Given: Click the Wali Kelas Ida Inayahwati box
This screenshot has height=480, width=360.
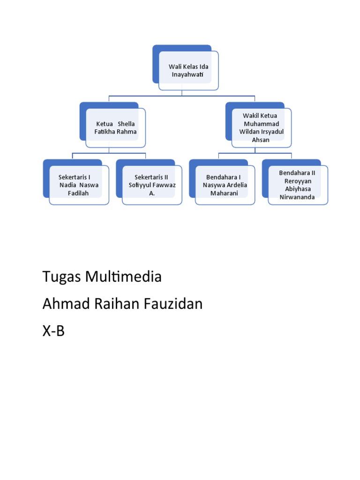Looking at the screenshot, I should coord(188,71).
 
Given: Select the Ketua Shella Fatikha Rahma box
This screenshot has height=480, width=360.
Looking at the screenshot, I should coord(115,128).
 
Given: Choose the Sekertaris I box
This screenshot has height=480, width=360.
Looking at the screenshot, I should coord(79,185).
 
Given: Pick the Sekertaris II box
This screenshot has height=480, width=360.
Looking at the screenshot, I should coord(152,185).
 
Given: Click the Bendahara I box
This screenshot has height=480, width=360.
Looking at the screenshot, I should coord(225,185).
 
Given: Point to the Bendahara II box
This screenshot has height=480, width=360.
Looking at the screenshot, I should coord(298,185).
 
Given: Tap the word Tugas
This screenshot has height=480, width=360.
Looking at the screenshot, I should coord(62,277).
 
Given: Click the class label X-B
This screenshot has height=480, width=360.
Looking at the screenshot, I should coord(53,331).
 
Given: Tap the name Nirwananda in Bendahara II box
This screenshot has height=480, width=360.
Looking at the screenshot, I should coord(297,197).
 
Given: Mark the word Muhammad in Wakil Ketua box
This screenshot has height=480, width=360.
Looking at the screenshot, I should coord(261,124).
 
